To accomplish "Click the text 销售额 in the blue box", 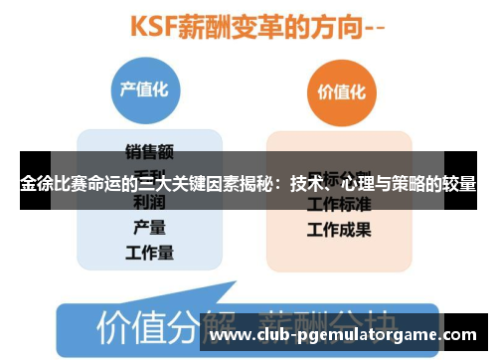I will pyautogui.click(x=149, y=151).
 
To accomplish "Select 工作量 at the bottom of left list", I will pyautogui.click(x=149, y=253).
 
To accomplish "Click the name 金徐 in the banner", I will pyautogui.click(x=37, y=184).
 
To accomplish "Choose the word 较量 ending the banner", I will pyautogui.click(x=458, y=184).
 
